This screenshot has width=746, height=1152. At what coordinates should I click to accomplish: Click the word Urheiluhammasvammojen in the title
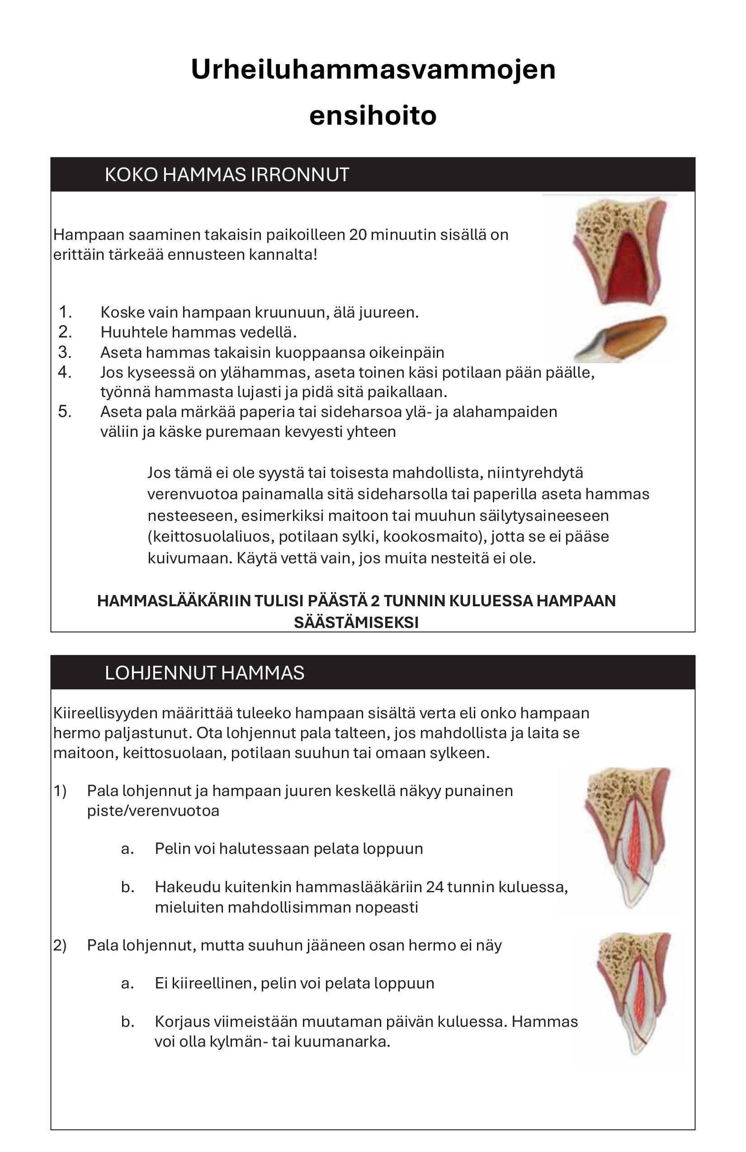coord(373,69)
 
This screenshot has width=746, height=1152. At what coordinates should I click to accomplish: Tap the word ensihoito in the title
coord(373,116)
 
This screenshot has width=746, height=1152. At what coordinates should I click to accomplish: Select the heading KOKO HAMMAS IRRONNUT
coord(227,175)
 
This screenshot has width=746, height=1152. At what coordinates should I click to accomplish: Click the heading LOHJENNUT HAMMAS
coord(204,673)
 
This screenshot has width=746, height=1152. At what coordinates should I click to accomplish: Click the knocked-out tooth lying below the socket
coord(623,337)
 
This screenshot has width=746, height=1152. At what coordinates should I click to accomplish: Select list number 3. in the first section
coord(65,352)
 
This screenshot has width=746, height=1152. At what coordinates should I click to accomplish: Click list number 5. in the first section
coord(65,412)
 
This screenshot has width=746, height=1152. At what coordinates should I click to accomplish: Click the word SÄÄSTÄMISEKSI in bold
coord(356,623)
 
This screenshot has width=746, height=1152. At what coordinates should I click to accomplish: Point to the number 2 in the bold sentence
coord(375,601)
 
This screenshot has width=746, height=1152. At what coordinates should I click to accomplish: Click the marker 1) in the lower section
coord(60,791)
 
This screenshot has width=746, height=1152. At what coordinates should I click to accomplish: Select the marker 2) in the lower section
coord(60,945)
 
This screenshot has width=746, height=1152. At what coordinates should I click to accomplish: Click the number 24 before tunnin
coord(434,887)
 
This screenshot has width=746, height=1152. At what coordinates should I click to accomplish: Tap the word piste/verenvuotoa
coord(153,811)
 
